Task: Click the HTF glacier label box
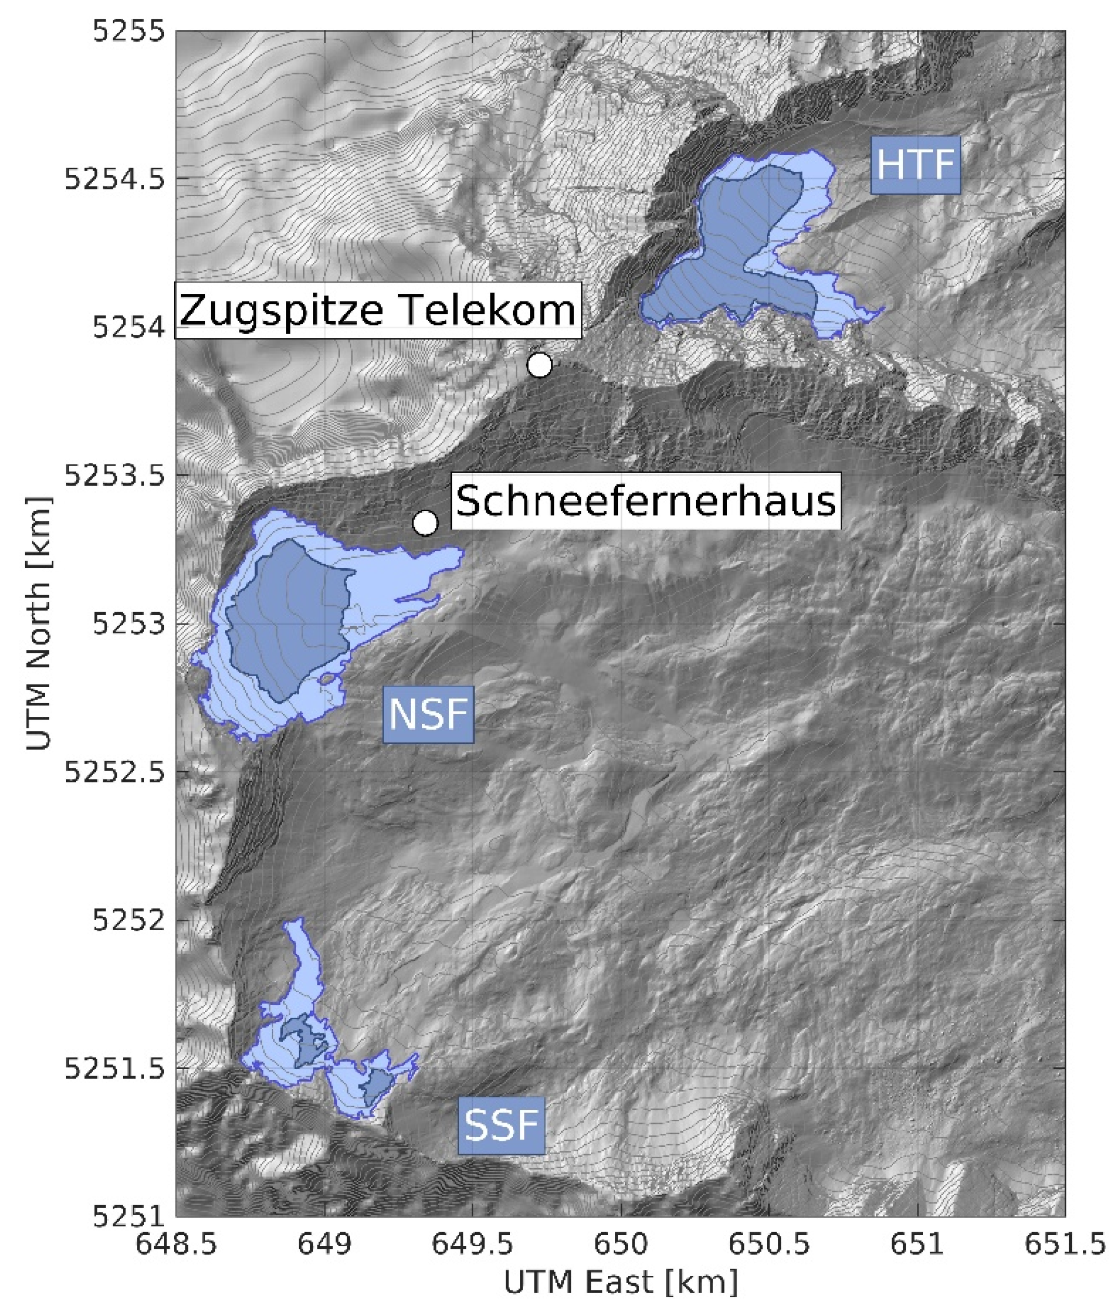pos(915,165)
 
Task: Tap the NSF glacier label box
pos(428,714)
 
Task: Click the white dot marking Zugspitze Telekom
pos(539,365)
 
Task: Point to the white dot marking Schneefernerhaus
pos(425,523)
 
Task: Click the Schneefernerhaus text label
pos(645,501)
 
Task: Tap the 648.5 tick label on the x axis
pos(176,1245)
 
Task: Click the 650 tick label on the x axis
pos(622,1245)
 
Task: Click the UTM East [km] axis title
pos(620,1283)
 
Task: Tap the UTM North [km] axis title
pos(39,623)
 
